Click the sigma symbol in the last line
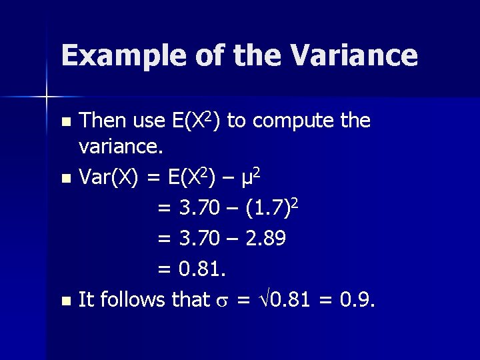click(223, 301)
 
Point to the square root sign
click(265, 300)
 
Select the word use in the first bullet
click(150, 121)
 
